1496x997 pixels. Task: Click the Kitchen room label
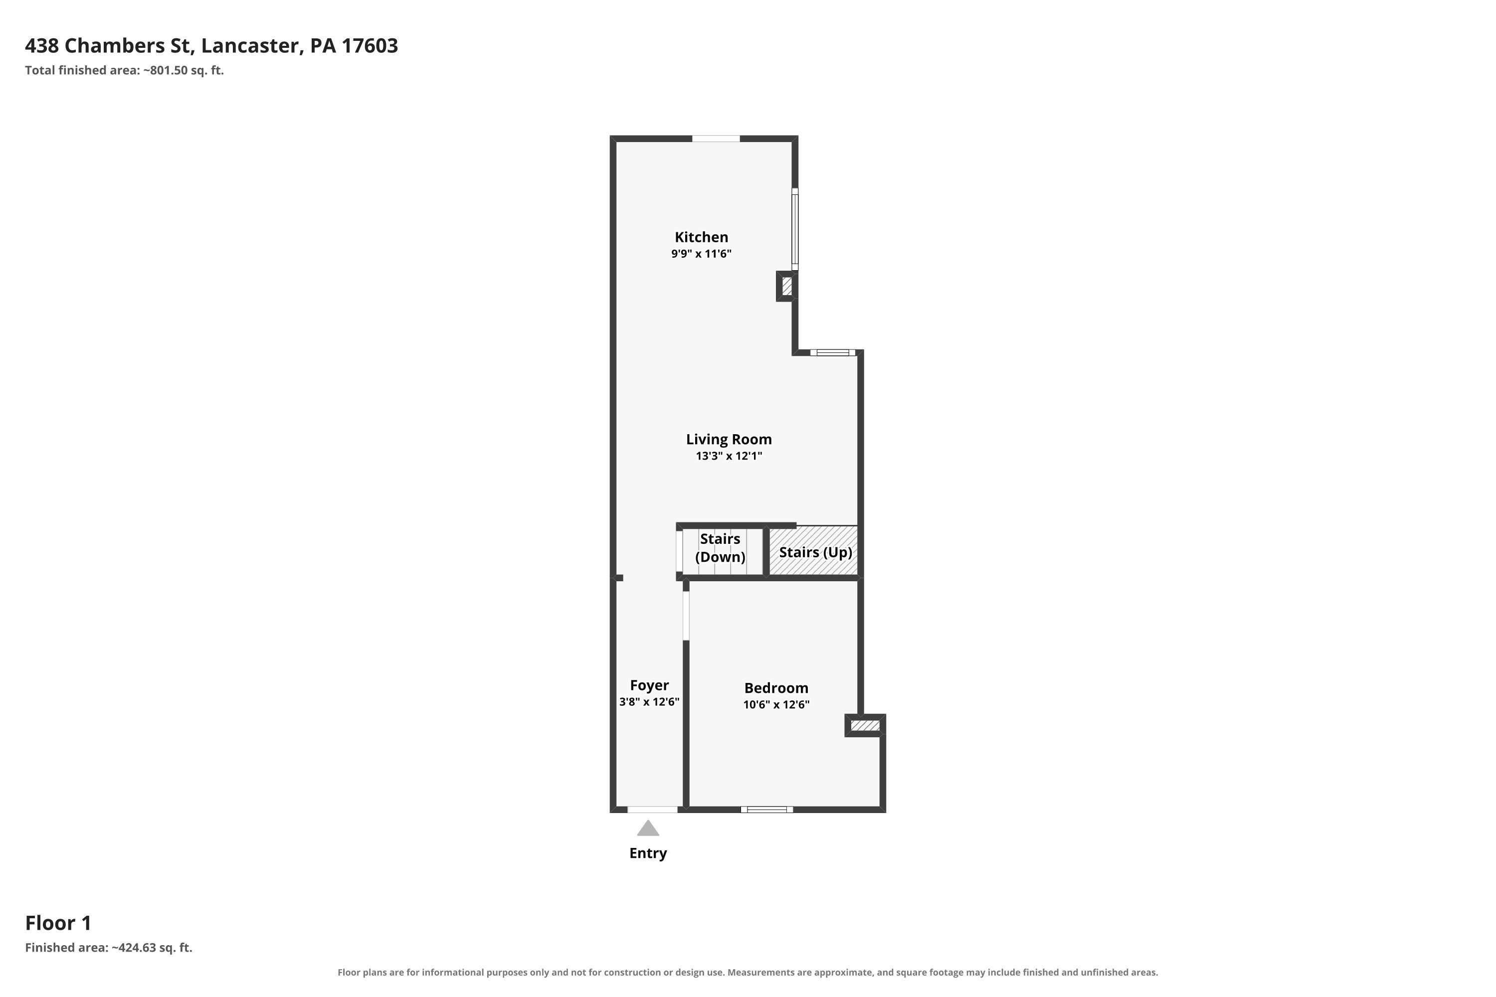pyautogui.click(x=701, y=237)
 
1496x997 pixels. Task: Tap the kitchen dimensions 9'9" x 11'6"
pyautogui.click(x=701, y=254)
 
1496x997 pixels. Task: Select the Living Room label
pyautogui.click(x=729, y=439)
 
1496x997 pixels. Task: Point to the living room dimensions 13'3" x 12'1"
pyautogui.click(x=729, y=456)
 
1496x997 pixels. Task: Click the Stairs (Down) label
pyautogui.click(x=720, y=548)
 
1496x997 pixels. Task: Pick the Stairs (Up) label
pyautogui.click(x=815, y=552)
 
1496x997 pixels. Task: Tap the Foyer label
pyautogui.click(x=649, y=685)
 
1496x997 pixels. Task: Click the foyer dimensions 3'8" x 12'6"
pyautogui.click(x=649, y=702)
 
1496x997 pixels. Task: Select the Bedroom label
pyautogui.click(x=776, y=687)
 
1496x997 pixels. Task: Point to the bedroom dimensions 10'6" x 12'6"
pyautogui.click(x=776, y=704)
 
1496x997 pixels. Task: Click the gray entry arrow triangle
pyautogui.click(x=648, y=829)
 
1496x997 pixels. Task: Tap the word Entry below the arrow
pyautogui.click(x=648, y=853)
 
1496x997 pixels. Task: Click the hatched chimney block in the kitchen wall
pyautogui.click(x=787, y=286)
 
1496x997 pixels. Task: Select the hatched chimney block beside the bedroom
pyautogui.click(x=865, y=725)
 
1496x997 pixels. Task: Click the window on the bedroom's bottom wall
pyautogui.click(x=767, y=810)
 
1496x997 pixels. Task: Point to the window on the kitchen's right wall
pyautogui.click(x=795, y=229)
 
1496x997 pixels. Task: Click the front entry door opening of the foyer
pyautogui.click(x=653, y=810)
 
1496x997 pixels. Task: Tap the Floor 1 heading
pyautogui.click(x=58, y=923)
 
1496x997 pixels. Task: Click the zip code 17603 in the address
pyautogui.click(x=370, y=46)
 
